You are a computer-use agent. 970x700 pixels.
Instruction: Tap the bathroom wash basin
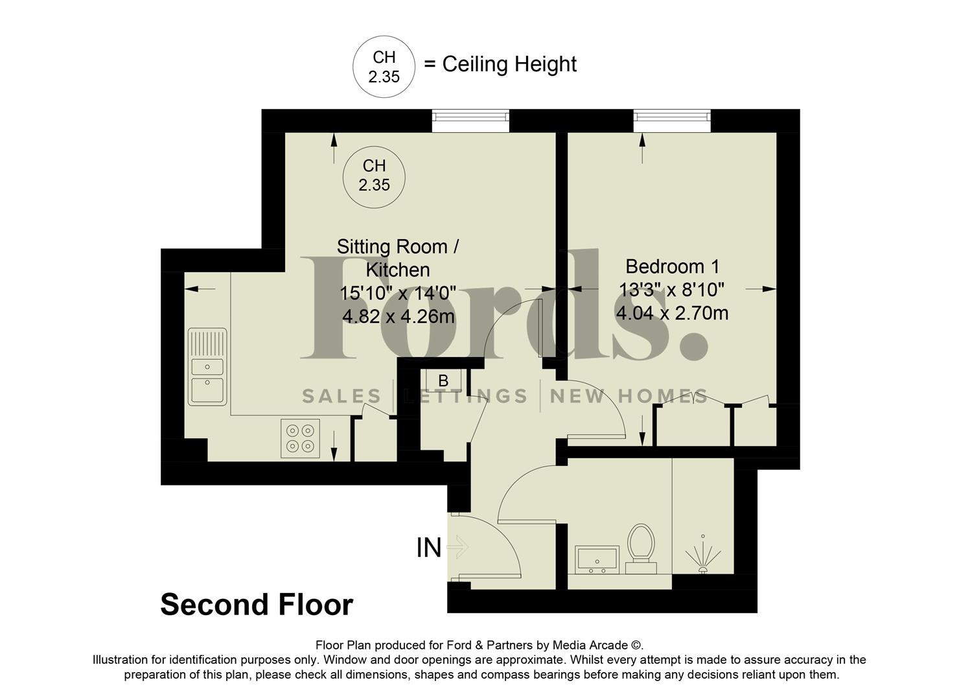tap(597, 559)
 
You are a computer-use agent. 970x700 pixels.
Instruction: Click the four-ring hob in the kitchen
tap(300, 438)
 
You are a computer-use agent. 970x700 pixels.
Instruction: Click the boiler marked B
tap(444, 380)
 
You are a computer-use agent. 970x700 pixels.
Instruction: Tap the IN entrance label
tap(428, 548)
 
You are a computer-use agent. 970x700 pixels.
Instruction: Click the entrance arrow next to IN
tap(457, 547)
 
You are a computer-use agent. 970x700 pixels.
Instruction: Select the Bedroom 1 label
tap(672, 266)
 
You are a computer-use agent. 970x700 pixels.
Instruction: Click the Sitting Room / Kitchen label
tap(398, 257)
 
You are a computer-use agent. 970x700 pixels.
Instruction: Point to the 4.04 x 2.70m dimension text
tap(672, 314)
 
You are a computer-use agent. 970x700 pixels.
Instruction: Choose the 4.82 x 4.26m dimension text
tap(398, 317)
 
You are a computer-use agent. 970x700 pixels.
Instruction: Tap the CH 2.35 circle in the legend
tap(384, 67)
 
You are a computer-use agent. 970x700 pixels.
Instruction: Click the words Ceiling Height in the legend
tap(509, 64)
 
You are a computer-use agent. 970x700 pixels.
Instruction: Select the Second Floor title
tap(256, 605)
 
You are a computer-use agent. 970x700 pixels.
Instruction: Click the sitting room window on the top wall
tap(470, 117)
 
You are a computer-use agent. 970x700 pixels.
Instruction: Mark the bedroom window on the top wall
tap(672, 117)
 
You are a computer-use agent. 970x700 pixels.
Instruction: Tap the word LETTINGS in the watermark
tap(466, 396)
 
